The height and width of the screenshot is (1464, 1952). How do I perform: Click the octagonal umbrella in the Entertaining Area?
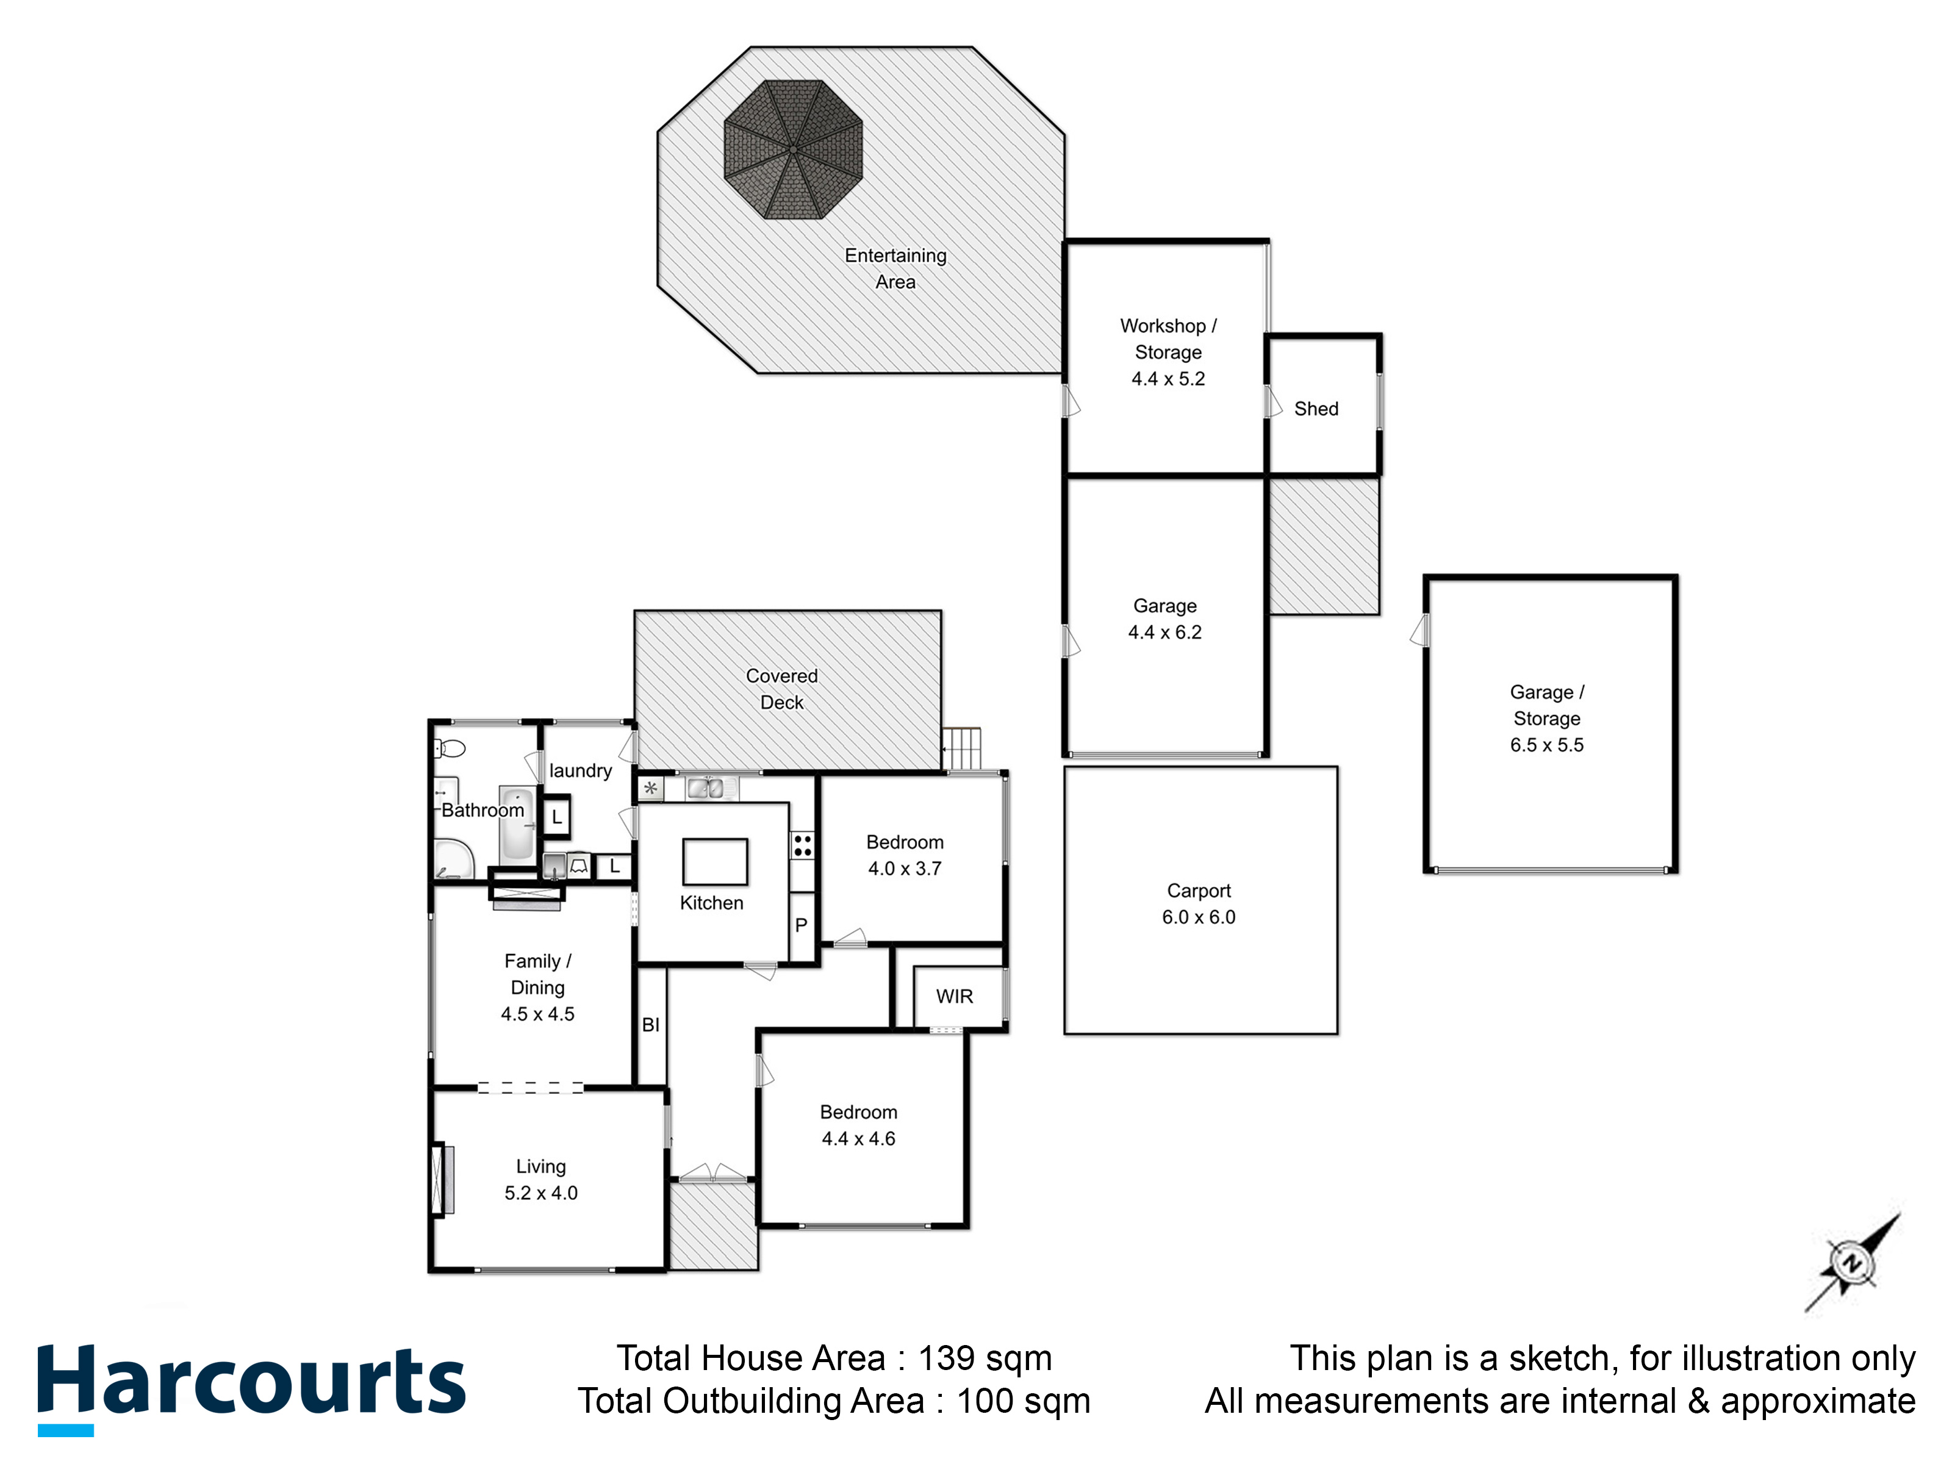[792, 149]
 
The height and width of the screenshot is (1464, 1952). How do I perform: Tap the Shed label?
[1316, 409]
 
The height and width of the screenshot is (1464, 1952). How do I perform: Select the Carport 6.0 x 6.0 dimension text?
[1199, 917]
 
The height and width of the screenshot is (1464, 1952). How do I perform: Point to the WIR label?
[954, 996]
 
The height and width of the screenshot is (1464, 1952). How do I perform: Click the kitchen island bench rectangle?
[715, 862]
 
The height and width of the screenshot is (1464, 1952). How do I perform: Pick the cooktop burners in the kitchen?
[802, 845]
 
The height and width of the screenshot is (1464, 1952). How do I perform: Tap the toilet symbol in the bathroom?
[450, 749]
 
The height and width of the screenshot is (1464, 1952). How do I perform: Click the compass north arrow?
[1851, 1264]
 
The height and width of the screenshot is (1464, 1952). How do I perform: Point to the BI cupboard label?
[650, 1025]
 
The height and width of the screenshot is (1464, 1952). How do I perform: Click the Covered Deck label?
[782, 689]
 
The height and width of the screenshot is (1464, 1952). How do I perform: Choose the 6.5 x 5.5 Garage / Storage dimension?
[1546, 745]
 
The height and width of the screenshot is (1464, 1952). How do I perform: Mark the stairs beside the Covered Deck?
[962, 748]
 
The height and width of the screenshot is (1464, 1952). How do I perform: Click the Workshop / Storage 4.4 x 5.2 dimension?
[1168, 379]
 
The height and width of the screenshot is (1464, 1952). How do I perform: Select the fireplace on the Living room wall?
[441, 1179]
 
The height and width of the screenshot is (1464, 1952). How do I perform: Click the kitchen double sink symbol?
[705, 788]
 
